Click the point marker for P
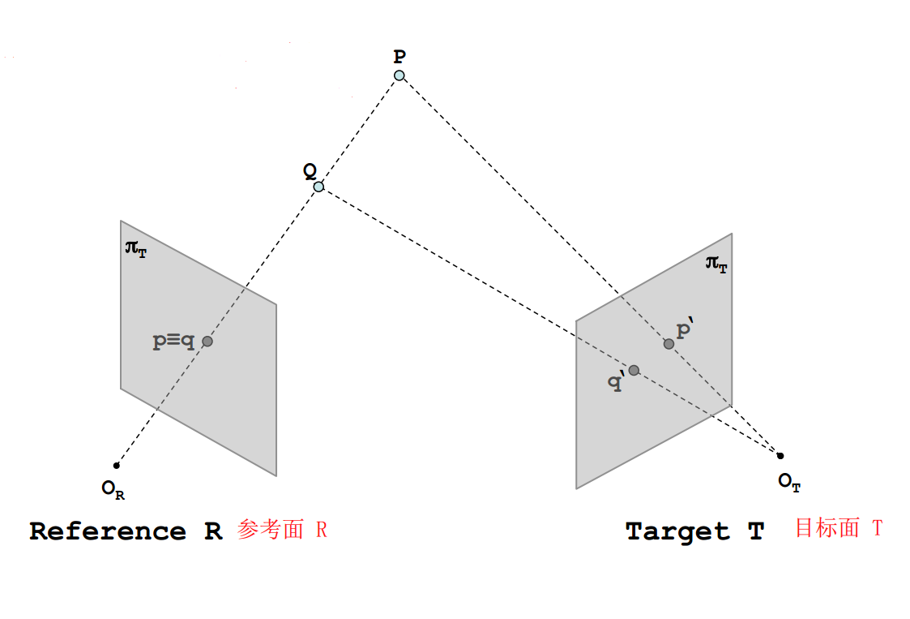399,75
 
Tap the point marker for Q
318,187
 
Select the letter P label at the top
399,57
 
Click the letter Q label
310,170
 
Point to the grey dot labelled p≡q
207,342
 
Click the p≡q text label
173,342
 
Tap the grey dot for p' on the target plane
669,344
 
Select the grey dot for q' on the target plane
634,370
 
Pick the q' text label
617,382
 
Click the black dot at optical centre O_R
117,465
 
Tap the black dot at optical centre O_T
780,455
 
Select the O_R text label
113,488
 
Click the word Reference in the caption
108,531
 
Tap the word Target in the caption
677,532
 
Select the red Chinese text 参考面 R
282,531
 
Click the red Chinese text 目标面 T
838,528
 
